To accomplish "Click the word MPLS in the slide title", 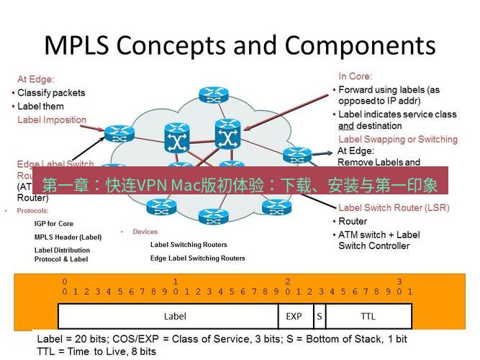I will click(x=77, y=45).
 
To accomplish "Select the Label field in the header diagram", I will click(x=174, y=316).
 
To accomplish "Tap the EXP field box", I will click(x=294, y=316).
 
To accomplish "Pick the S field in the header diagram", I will click(x=318, y=316).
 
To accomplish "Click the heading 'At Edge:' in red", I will click(x=36, y=79).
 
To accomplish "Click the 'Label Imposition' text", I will click(x=52, y=120).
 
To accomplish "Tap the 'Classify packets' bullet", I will click(x=51, y=93).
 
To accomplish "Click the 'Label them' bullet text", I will click(x=40, y=107).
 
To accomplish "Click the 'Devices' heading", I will click(x=145, y=232).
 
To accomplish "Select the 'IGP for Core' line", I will click(x=54, y=224).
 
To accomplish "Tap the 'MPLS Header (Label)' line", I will click(x=68, y=237).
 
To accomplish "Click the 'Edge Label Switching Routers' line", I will click(x=197, y=258).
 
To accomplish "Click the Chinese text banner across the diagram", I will click(x=240, y=185).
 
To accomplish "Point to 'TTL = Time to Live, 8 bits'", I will click(x=96, y=351).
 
